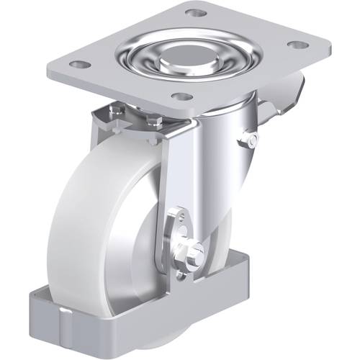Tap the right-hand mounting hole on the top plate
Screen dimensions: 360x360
tap(295, 45)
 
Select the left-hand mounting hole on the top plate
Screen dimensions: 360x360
tap(81, 65)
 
